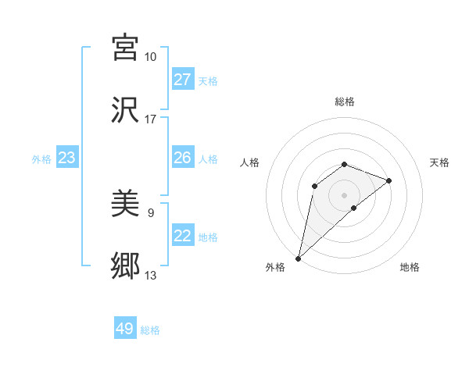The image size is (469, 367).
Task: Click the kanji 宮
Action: (x=125, y=48)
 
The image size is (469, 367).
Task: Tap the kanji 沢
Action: (x=125, y=110)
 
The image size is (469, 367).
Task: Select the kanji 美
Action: (x=125, y=205)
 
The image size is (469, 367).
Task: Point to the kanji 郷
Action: (x=125, y=267)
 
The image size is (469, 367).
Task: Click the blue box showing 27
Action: (x=183, y=80)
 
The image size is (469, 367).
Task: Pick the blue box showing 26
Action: (x=183, y=158)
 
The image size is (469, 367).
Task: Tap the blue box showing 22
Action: (x=183, y=236)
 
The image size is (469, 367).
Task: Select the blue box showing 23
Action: (x=66, y=158)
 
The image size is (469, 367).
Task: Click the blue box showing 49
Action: (x=125, y=329)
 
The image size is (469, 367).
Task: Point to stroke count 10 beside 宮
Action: (x=150, y=57)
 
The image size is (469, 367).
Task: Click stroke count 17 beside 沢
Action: (x=150, y=119)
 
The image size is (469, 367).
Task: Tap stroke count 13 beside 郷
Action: (x=150, y=276)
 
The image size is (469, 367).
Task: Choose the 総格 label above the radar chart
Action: (x=345, y=102)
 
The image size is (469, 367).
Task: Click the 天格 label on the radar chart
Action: (x=439, y=162)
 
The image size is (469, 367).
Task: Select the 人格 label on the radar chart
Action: (x=250, y=162)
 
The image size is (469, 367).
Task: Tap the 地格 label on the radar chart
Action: (x=410, y=267)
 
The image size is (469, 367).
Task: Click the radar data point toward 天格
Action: (x=389, y=180)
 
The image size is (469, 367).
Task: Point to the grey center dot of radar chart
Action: (x=345, y=194)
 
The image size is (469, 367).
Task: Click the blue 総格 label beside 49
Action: (x=150, y=330)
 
